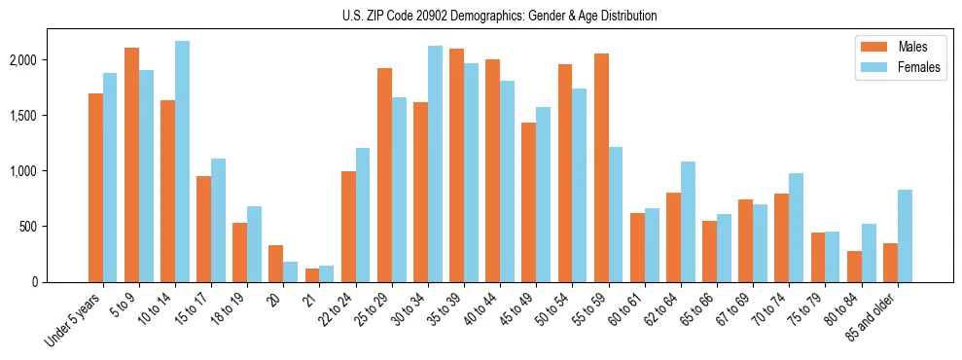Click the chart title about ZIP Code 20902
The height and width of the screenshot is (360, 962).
coord(499,16)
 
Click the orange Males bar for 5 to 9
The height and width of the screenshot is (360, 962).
coord(132,165)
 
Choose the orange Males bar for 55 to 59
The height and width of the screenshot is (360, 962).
coord(601,167)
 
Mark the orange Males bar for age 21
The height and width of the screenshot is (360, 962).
coord(312,275)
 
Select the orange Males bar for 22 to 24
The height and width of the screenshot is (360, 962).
coord(348,227)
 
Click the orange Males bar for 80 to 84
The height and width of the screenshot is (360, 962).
coord(854,267)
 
